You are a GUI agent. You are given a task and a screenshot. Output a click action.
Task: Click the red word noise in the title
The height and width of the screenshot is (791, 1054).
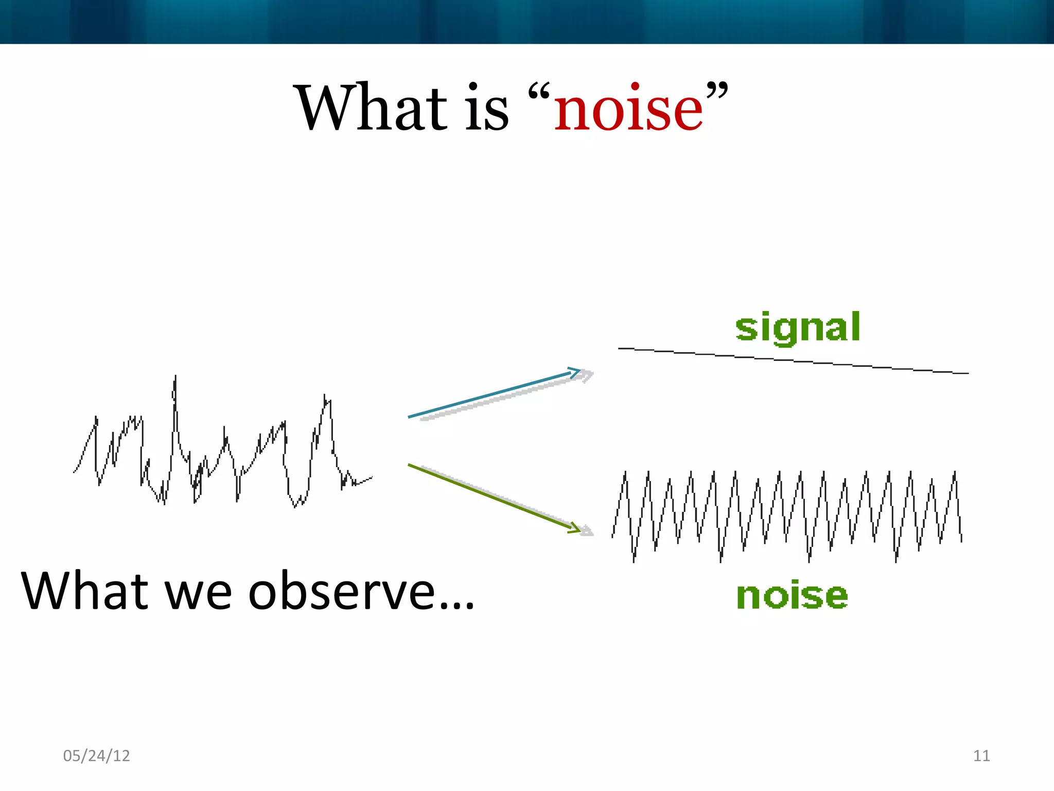pyautogui.click(x=628, y=109)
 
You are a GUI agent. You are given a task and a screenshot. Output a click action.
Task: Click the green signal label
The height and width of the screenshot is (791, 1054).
pyautogui.click(x=797, y=328)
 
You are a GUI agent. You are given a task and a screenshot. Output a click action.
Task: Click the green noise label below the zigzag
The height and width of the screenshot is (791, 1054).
pyautogui.click(x=792, y=596)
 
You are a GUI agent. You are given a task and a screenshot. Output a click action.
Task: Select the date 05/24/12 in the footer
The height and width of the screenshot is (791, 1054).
pyautogui.click(x=96, y=755)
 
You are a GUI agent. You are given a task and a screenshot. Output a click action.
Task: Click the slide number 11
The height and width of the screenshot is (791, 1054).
pyautogui.click(x=981, y=755)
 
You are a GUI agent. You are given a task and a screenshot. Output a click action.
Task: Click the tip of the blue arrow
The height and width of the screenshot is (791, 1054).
pyautogui.click(x=579, y=370)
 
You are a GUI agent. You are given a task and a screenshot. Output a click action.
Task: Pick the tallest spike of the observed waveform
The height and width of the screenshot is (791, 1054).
pyautogui.click(x=175, y=377)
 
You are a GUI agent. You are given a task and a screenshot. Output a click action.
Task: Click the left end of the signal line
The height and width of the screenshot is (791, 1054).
pyautogui.click(x=620, y=349)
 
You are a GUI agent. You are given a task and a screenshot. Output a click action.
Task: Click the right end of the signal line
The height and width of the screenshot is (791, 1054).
pyautogui.click(x=968, y=373)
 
